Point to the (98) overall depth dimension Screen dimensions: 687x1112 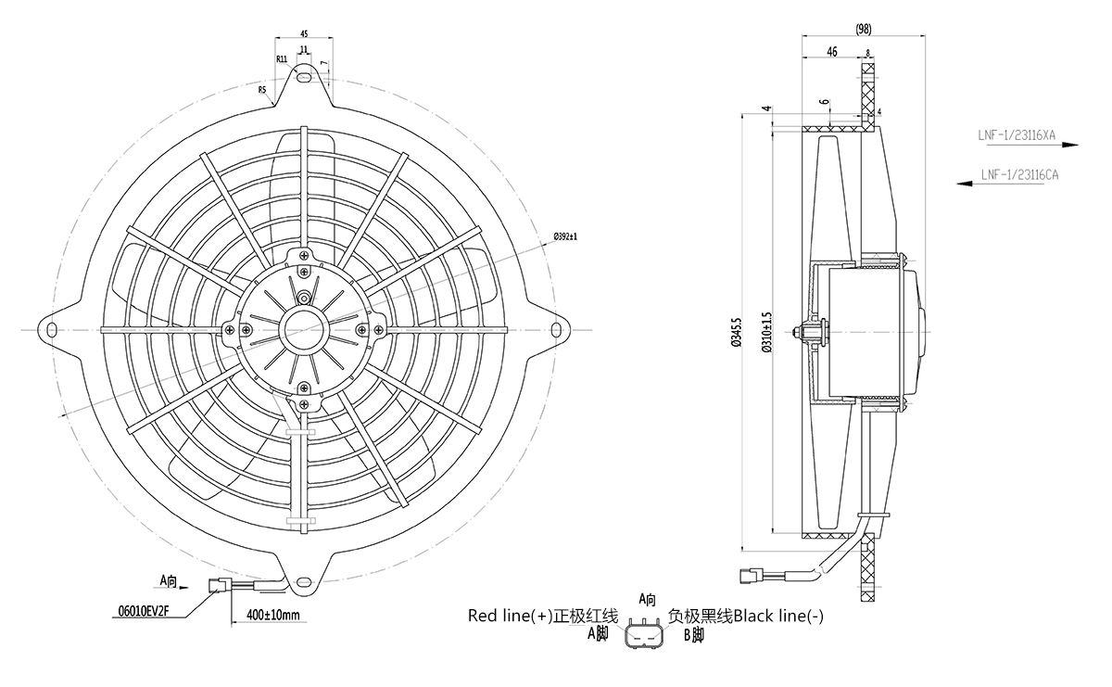point(864,30)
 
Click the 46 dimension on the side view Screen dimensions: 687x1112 point(831,53)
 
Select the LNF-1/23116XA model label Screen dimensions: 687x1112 point(1017,135)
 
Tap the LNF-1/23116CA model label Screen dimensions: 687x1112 point(1020,174)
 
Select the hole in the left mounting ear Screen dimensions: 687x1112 point(50,327)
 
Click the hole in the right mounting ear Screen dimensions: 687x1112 point(558,327)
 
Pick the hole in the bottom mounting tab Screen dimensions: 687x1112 point(304,583)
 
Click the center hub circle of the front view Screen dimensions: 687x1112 point(304,327)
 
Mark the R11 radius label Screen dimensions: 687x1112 point(281,59)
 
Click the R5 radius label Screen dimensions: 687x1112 point(262,90)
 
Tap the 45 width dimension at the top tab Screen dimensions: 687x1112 point(304,32)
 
